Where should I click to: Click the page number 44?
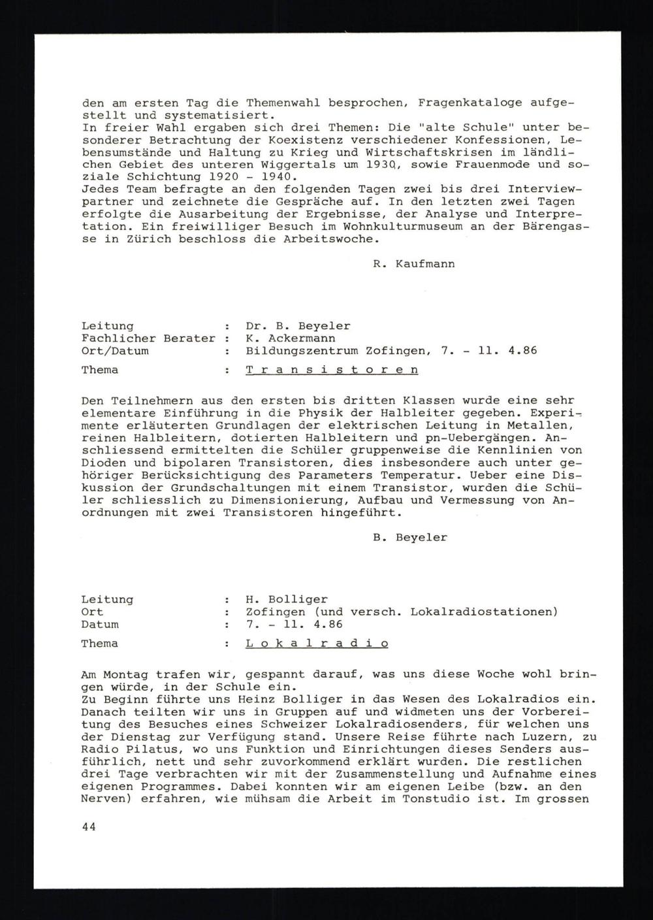click(x=89, y=827)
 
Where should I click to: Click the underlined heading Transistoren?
click(x=332, y=370)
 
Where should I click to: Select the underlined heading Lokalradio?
click(x=317, y=644)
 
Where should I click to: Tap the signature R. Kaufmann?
click(x=409, y=264)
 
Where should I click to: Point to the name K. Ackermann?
click(x=291, y=338)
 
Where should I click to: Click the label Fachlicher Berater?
click(x=148, y=338)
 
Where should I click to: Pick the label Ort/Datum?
click(x=115, y=351)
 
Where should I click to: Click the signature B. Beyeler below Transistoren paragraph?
click(x=409, y=538)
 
